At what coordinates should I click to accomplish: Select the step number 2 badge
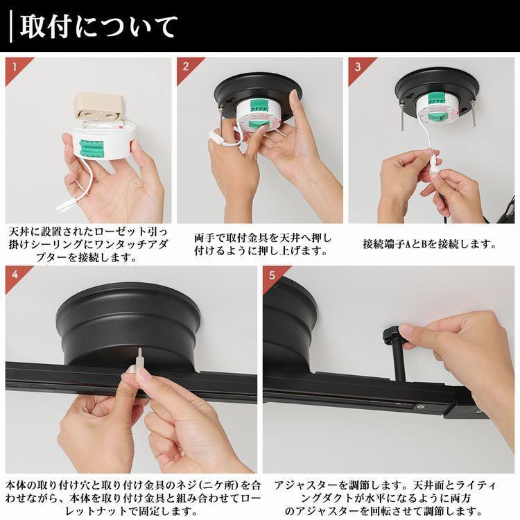[x=186, y=67]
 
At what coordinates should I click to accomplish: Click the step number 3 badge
[x=357, y=67]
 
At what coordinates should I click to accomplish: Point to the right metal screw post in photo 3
[x=471, y=115]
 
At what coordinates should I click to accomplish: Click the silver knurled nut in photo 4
[x=137, y=363]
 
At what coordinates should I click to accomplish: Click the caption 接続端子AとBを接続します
[x=429, y=244]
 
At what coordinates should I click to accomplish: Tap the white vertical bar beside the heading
[x=11, y=26]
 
